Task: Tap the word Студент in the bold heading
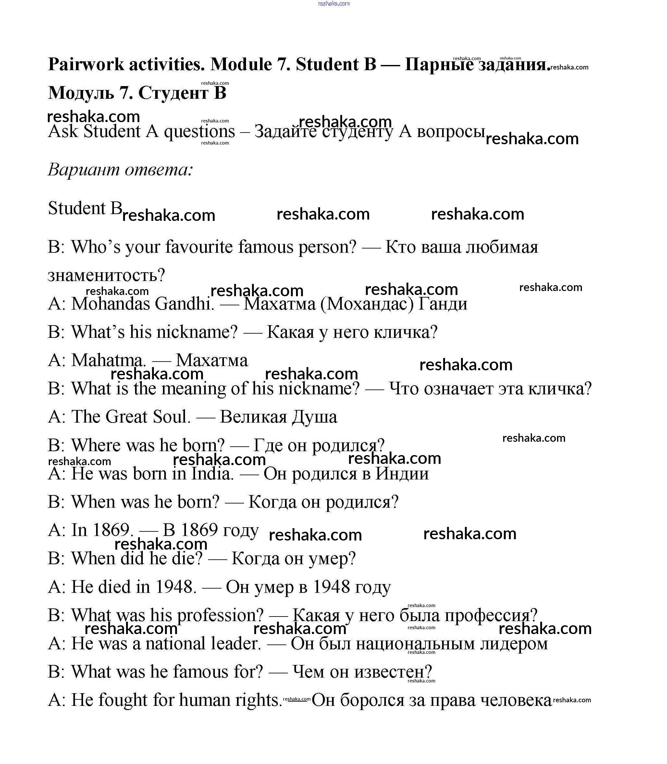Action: (173, 93)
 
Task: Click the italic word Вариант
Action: (83, 170)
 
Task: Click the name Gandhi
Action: (184, 304)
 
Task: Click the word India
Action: (212, 474)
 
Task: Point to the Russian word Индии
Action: (402, 474)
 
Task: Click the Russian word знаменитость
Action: (106, 276)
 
